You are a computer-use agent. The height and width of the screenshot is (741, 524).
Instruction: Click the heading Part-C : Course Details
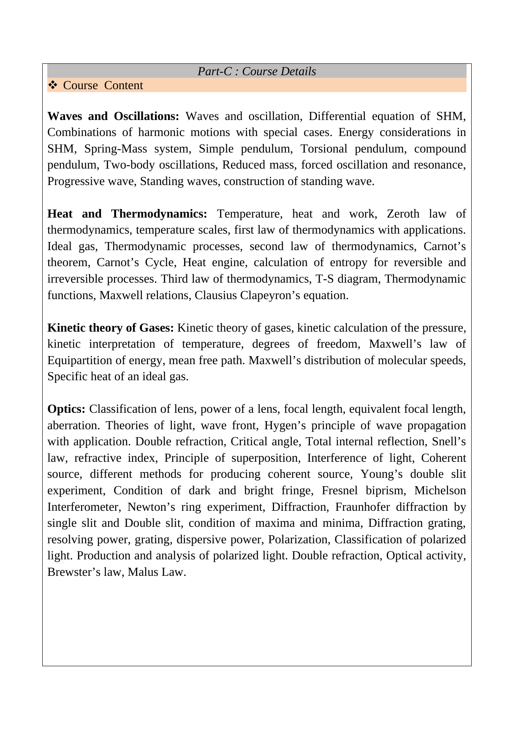[257, 71]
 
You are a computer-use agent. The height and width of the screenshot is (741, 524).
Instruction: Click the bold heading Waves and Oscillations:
[113, 116]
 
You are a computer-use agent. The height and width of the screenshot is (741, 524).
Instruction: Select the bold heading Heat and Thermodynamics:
[127, 214]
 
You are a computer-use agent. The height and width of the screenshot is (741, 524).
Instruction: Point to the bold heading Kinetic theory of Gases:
[111, 328]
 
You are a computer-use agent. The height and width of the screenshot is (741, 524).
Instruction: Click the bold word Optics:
[66, 409]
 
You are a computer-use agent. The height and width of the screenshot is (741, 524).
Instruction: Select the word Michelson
[440, 490]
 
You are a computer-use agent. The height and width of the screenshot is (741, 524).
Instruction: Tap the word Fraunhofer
[362, 507]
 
